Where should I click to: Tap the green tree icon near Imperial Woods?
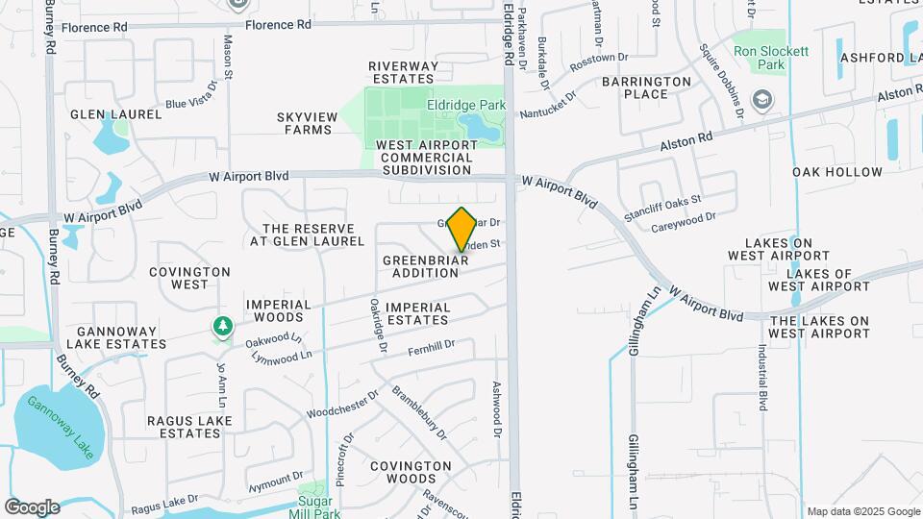[223, 327]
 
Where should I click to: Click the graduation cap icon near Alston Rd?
[762, 99]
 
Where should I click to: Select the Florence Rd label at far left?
[94, 27]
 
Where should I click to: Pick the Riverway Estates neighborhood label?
[404, 72]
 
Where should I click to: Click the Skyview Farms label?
[308, 123]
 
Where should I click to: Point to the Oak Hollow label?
[837, 172]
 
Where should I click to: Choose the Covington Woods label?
[411, 472]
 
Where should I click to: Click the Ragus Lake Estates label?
[184, 427]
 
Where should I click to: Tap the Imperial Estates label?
[417, 314]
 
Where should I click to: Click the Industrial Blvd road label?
[762, 373]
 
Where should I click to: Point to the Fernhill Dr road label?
[429, 347]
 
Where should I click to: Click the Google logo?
[32, 507]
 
